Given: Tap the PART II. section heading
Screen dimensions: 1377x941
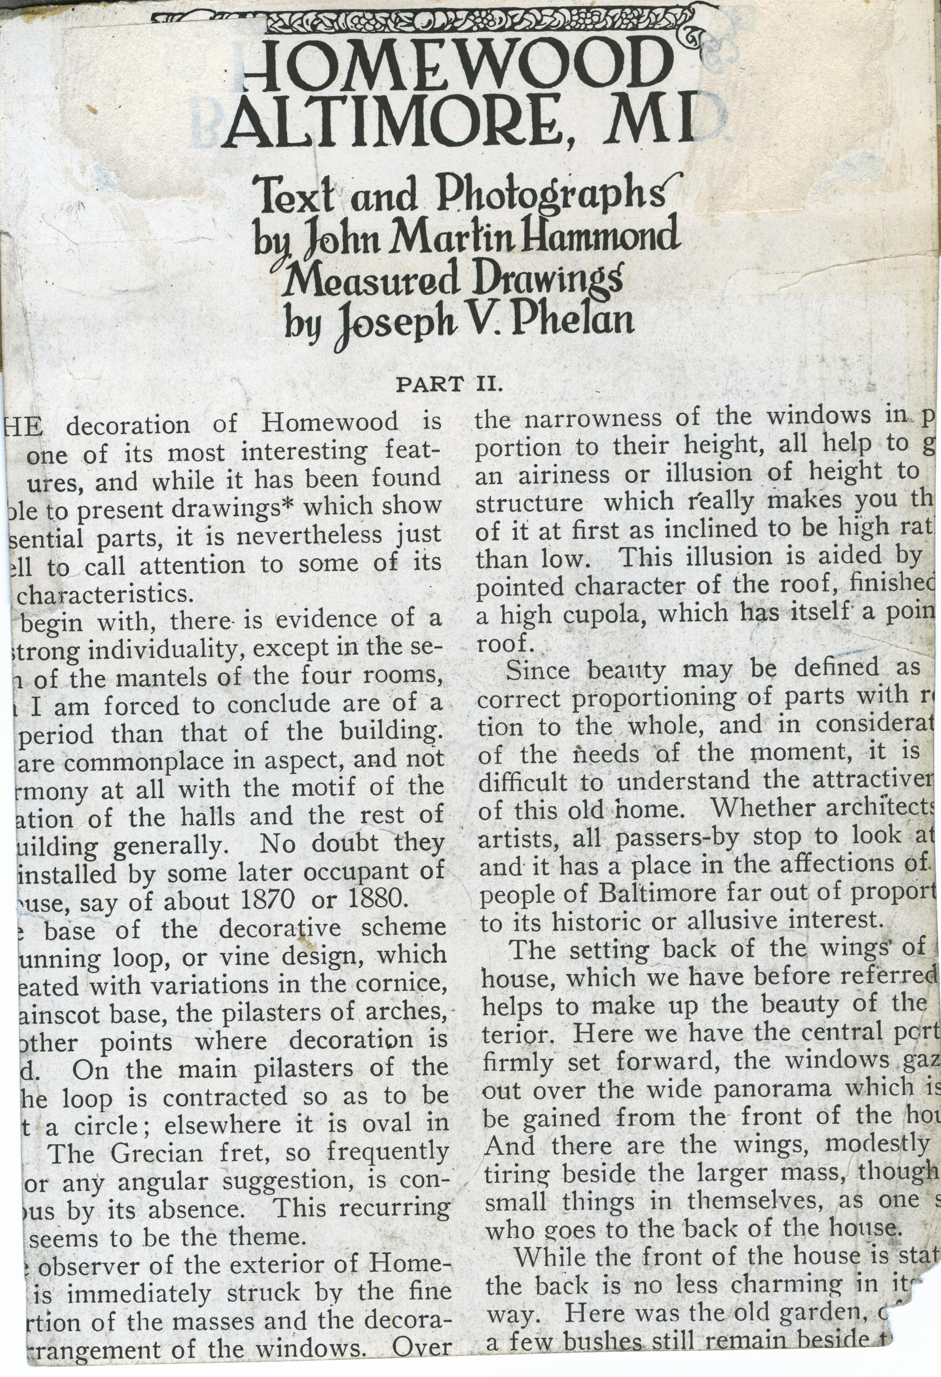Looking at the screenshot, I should tap(449, 386).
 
